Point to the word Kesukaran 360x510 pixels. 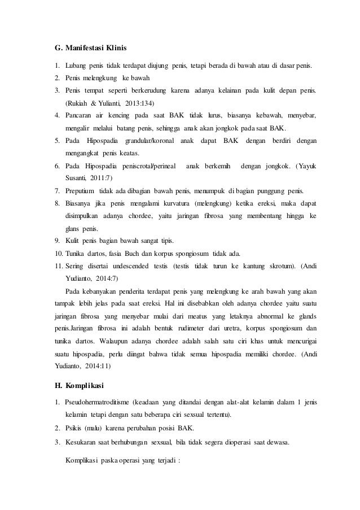83,442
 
